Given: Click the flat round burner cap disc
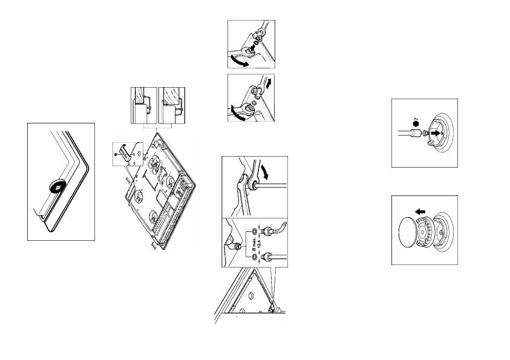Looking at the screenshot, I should (413, 229).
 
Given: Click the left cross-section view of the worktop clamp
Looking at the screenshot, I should (143, 106).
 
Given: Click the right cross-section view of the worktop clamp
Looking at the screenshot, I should (172, 106).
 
